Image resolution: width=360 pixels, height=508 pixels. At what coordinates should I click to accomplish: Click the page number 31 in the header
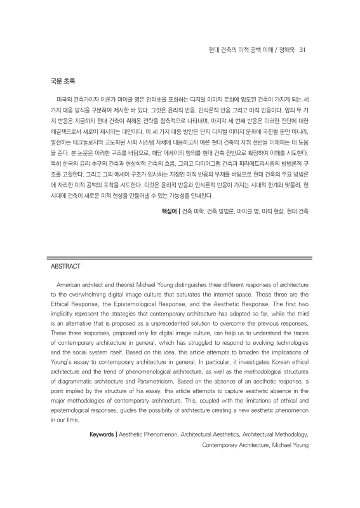[x=303, y=50]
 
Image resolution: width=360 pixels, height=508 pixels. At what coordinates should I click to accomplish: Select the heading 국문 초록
[x=62, y=81]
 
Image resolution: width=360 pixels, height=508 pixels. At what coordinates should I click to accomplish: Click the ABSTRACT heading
[x=65, y=267]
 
